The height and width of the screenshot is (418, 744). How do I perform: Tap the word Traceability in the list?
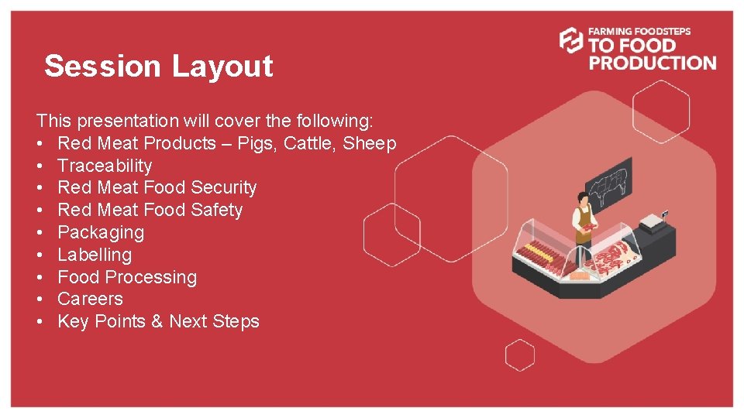pyautogui.click(x=105, y=166)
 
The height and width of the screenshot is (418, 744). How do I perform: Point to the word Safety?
pyautogui.click(x=216, y=210)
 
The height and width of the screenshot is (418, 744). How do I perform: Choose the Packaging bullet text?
pyautogui.click(x=101, y=232)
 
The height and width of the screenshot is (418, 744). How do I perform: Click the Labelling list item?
pyautogui.click(x=95, y=255)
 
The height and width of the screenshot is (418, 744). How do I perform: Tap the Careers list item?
pyautogui.click(x=90, y=299)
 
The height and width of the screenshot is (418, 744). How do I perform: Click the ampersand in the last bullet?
pyautogui.click(x=157, y=321)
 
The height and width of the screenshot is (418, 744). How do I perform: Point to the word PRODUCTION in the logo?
pyautogui.click(x=653, y=63)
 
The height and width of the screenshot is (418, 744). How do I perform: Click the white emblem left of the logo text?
pyautogui.click(x=571, y=40)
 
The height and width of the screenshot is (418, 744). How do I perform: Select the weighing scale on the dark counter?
pyautogui.click(x=651, y=222)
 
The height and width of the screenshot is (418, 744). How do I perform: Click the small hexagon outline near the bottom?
pyautogui.click(x=520, y=355)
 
